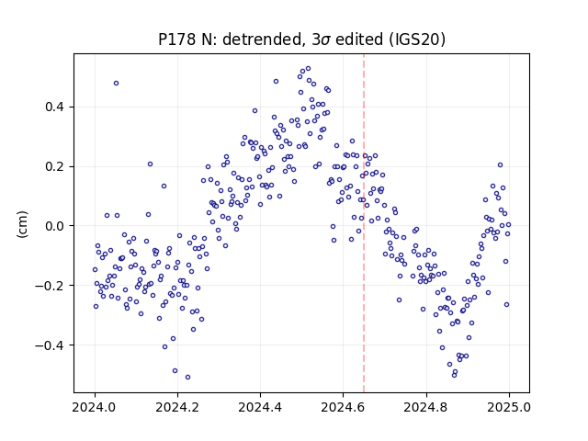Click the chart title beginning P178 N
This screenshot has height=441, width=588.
301,40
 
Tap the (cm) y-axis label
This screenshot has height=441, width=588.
22,224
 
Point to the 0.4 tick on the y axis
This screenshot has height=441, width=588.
55,107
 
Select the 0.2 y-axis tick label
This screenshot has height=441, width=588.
55,166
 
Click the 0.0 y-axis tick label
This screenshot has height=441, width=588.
55,226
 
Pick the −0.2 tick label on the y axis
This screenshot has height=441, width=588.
50,286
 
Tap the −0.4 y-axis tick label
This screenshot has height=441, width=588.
50,345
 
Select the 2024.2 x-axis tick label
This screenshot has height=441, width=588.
177,407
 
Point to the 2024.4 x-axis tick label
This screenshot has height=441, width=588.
260,407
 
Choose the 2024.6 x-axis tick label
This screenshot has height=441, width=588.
343,407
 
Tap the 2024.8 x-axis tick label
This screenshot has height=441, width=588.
426,407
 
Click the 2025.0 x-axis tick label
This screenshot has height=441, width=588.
509,407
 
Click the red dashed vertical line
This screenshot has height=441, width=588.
364,223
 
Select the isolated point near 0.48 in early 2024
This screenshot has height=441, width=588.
117,84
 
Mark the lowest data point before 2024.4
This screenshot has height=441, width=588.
187,378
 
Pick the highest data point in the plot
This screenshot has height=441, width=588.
309,69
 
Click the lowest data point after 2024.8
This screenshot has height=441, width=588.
454,376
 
